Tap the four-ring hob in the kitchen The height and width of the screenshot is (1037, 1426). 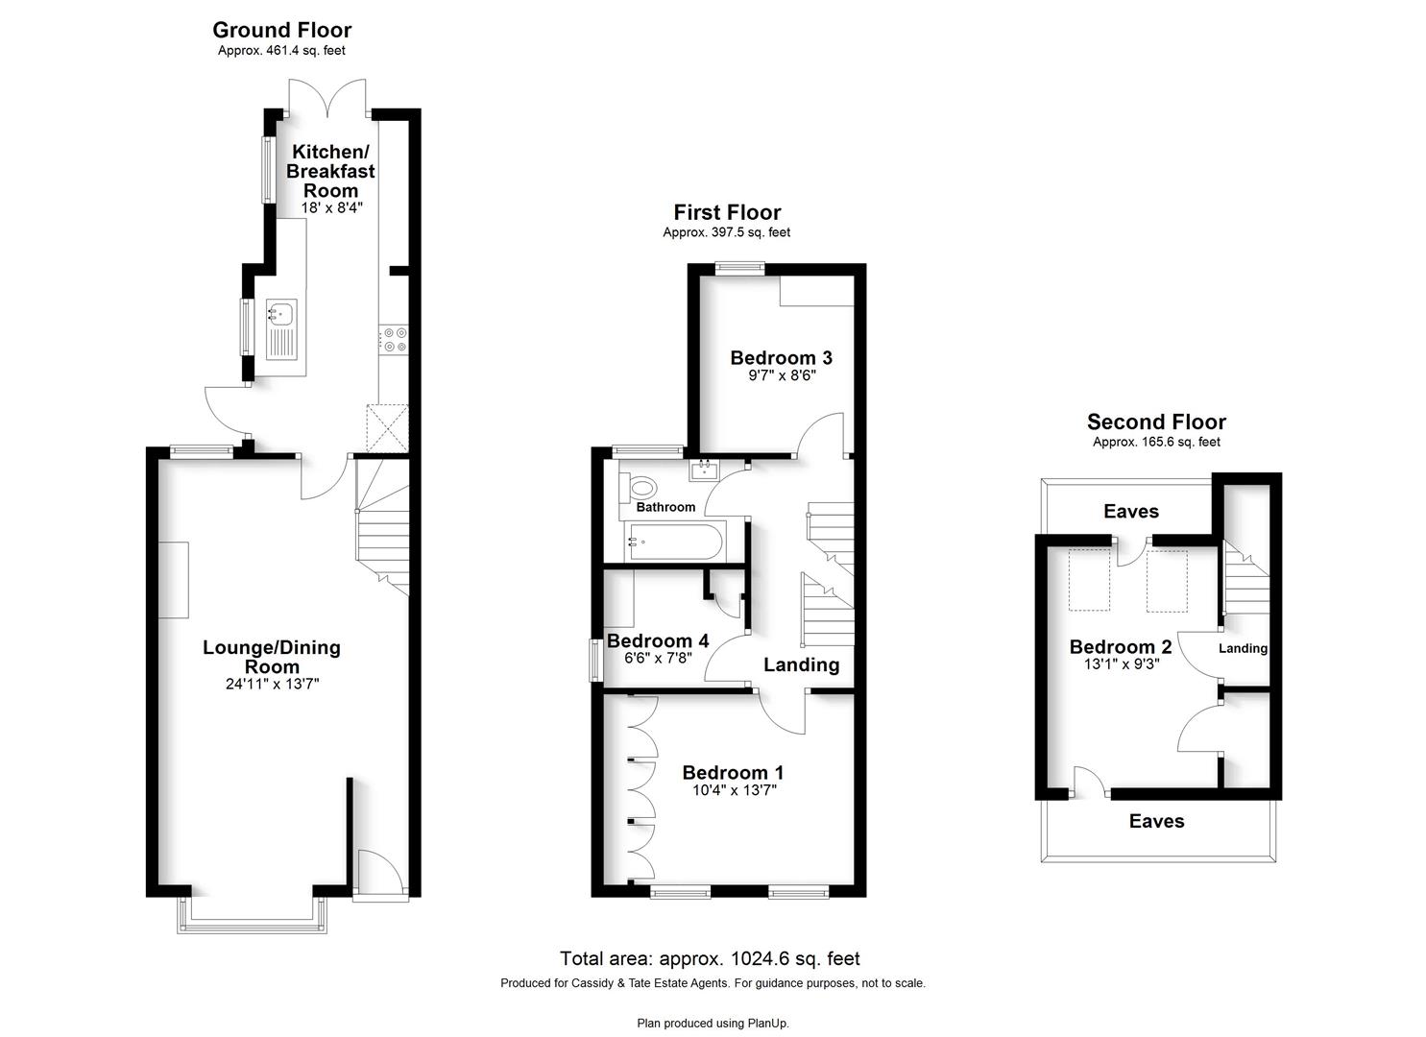tap(394, 339)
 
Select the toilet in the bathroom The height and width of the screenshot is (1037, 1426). tap(639, 489)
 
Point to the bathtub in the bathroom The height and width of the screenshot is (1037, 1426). tap(675, 542)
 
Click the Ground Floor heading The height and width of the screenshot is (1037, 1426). tap(282, 30)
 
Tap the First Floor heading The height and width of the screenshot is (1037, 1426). tap(727, 212)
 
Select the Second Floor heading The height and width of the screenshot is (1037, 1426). tap(1156, 422)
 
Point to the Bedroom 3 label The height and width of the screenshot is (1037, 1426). tap(781, 358)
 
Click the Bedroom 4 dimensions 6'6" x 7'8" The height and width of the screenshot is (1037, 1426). tap(658, 658)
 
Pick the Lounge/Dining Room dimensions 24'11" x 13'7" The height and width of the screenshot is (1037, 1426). tap(272, 684)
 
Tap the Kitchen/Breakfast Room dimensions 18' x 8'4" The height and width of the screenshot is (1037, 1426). tap(331, 207)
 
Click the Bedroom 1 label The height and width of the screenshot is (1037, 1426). tap(733, 773)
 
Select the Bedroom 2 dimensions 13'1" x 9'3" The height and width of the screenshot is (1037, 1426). tap(1121, 663)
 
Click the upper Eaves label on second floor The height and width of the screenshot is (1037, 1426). tap(1131, 511)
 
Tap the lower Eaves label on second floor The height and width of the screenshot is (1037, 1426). tap(1157, 821)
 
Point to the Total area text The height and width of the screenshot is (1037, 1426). tap(710, 958)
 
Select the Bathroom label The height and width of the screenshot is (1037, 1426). tap(665, 507)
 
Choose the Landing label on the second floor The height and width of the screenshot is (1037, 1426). tap(1243, 649)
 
